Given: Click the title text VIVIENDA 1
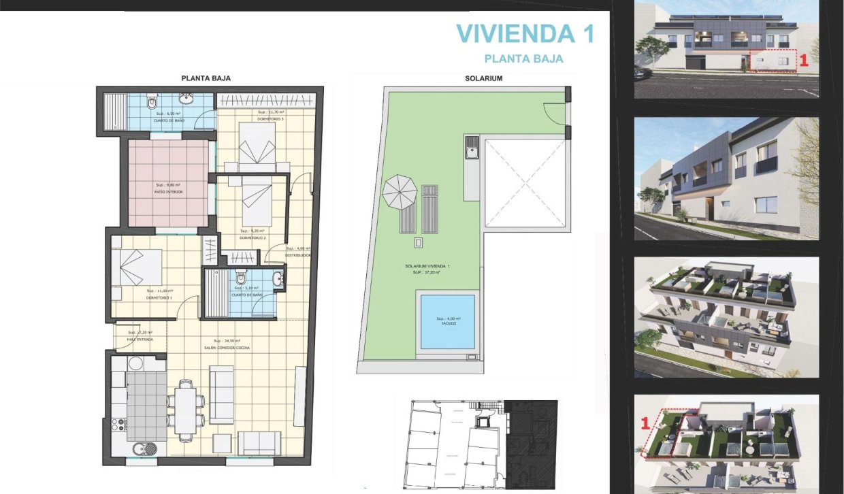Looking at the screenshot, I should tap(524, 33).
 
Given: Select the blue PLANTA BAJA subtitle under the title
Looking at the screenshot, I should tap(523, 59).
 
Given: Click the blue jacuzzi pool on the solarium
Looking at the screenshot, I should tap(447, 321).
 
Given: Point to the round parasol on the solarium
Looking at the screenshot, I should tap(400, 193).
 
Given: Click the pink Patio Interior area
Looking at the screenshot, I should tap(169, 183).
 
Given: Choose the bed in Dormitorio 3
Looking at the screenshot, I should tap(257, 147).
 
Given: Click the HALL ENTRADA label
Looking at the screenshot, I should tap(140, 339).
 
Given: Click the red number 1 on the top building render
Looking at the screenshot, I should tap(803, 60).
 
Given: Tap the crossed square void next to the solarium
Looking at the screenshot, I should tap(524, 183).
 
